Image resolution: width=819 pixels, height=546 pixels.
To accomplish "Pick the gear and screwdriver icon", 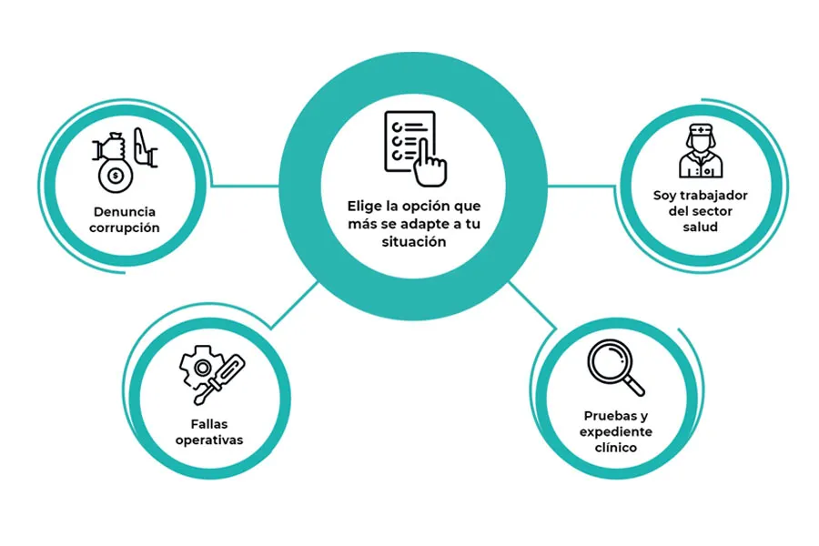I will click(210, 374).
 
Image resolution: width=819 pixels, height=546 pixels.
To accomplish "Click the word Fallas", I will click(210, 423).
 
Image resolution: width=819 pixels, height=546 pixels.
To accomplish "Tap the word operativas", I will click(210, 441).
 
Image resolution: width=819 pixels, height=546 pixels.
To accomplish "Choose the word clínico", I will click(616, 448).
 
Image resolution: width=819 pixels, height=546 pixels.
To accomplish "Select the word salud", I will click(700, 227).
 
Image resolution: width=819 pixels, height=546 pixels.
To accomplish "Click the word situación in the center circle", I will click(414, 242).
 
